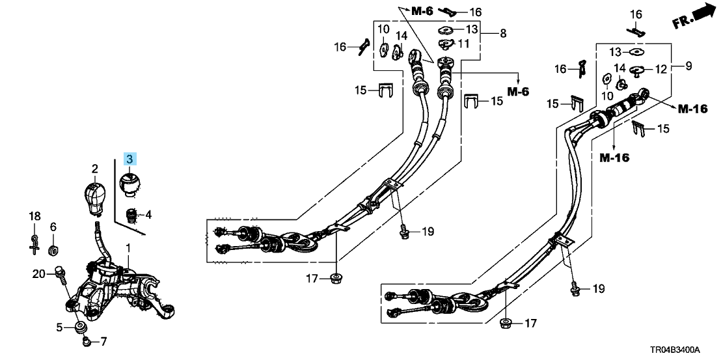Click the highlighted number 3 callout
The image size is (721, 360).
pyautogui.click(x=129, y=159)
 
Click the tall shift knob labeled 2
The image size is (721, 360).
pyautogui.click(x=95, y=197)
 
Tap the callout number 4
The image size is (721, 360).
pyautogui.click(x=148, y=214)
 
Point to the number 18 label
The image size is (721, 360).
pyautogui.click(x=35, y=215)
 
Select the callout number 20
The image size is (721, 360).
pyautogui.click(x=38, y=275)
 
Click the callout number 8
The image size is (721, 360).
pyautogui.click(x=502, y=34)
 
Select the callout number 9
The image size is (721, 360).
pyautogui.click(x=688, y=66)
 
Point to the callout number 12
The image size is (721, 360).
pyautogui.click(x=660, y=70)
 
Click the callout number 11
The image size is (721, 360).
pyautogui.click(x=463, y=44)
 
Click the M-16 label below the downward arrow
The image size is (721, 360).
pyautogui.click(x=614, y=158)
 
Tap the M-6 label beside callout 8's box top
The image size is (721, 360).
pyautogui.click(x=422, y=11)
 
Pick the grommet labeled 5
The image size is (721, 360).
pyautogui.click(x=81, y=328)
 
